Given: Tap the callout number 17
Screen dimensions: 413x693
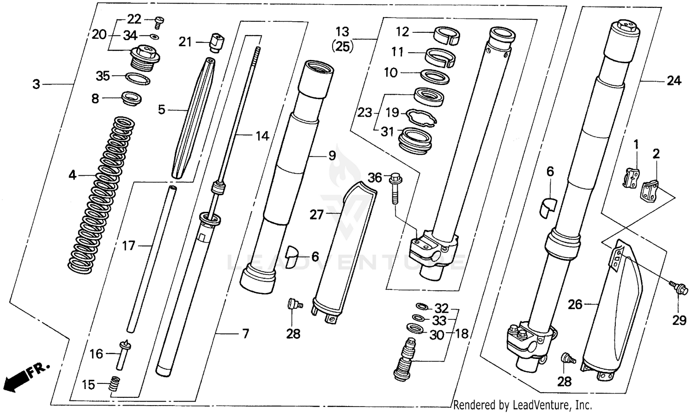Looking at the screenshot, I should (128, 245).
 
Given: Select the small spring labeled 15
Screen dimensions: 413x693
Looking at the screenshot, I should (114, 384).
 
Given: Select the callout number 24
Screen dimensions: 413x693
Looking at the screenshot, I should (674, 81).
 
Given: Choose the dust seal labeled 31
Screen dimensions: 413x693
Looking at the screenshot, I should (417, 138).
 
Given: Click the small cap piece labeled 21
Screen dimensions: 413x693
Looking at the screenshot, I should (216, 42).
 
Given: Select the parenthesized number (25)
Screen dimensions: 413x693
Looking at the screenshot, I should (342, 47).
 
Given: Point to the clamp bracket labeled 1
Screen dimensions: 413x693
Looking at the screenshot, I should (631, 178).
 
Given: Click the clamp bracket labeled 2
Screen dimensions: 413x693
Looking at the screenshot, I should (650, 189).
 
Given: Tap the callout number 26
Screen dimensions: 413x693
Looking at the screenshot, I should (575, 305).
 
